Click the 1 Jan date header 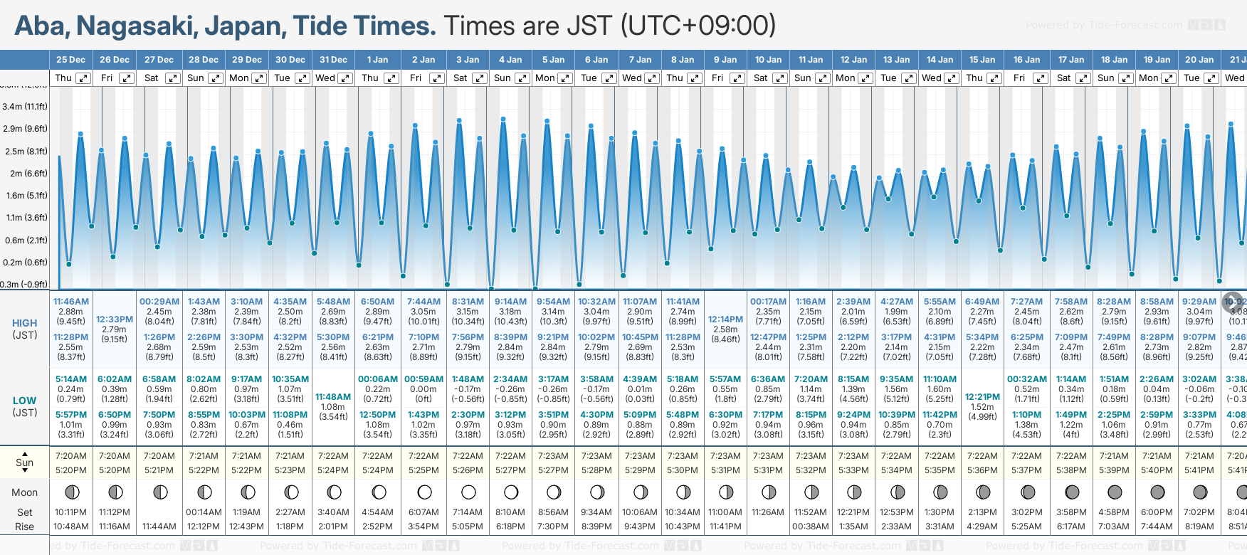coord(377,60)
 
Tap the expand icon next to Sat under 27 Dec coord(173,78)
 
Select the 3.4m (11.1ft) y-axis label coord(25,107)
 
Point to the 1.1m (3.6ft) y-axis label coord(25,218)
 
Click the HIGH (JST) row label coord(25,329)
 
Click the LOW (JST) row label coord(25,406)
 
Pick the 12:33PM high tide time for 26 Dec coord(115,319)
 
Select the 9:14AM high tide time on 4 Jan coord(510,302)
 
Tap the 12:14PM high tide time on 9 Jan coord(725,319)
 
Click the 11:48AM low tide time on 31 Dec coord(333,397)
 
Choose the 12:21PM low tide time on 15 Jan coord(982,397)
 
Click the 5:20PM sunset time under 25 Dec coord(71,470)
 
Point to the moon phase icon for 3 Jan coord(468,492)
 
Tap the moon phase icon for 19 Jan coord(1157,492)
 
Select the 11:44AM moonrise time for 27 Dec coord(159,527)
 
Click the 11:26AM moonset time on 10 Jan coord(768,512)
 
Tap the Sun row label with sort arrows coord(25,462)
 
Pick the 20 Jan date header coord(1199,60)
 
